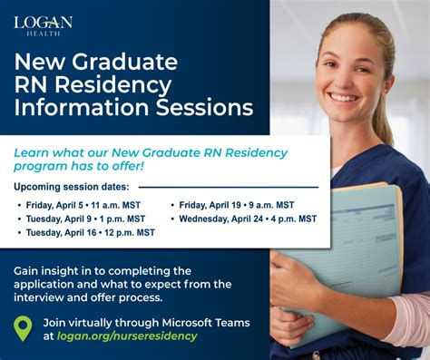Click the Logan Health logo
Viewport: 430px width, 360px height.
tap(43, 24)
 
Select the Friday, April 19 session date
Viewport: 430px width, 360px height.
tap(236, 205)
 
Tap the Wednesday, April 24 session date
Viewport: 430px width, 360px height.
tap(248, 219)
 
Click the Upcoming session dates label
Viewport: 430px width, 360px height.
tap(72, 187)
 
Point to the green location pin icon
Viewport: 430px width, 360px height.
tap(24, 328)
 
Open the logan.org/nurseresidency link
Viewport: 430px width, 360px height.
tap(126, 336)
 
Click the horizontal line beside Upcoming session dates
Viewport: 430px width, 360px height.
tap(231, 187)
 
